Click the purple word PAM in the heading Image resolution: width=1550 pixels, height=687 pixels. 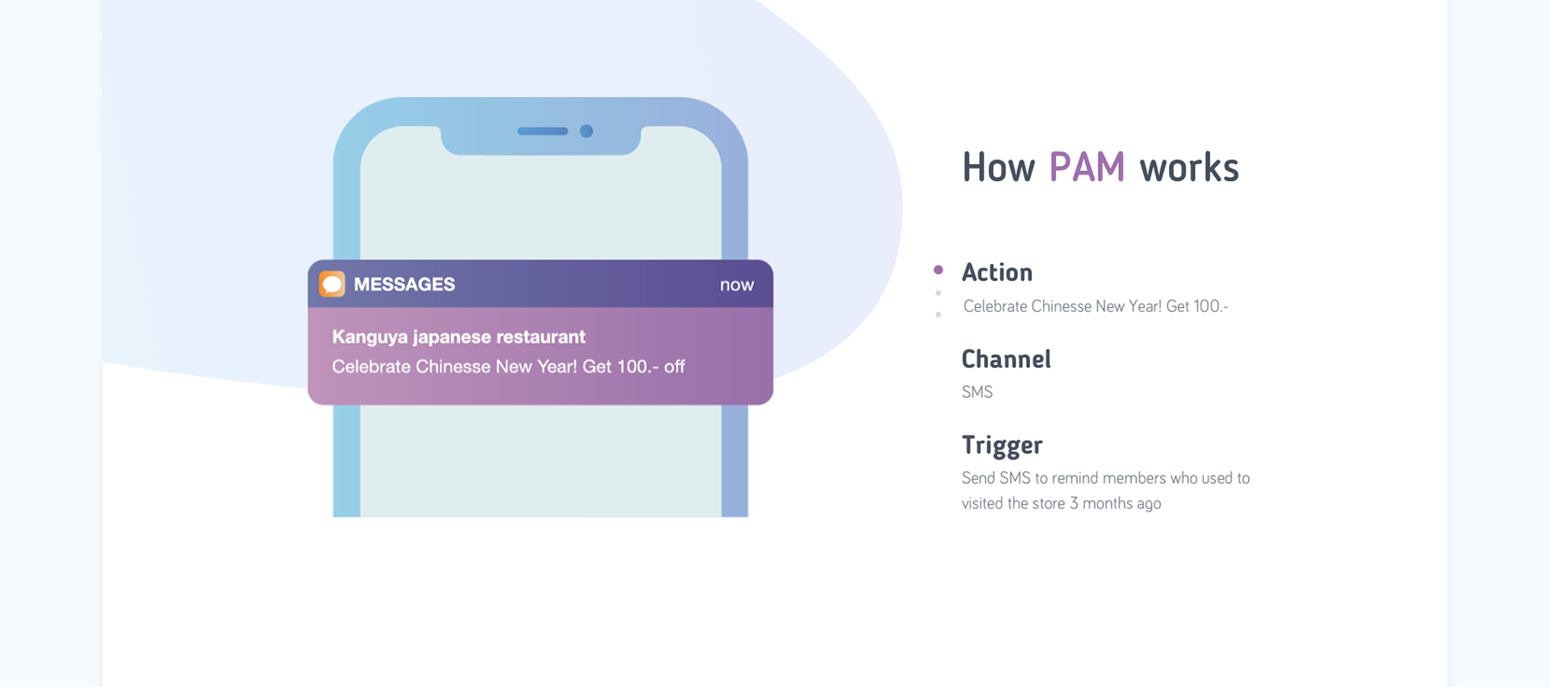pos(1087,168)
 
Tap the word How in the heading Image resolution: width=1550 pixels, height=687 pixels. pos(998,168)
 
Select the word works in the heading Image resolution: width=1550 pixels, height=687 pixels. pos(1188,168)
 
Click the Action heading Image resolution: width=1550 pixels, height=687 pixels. pos(997,273)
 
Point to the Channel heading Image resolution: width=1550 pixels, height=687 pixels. pos(1006,359)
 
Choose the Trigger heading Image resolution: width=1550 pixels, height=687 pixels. pos(1002,446)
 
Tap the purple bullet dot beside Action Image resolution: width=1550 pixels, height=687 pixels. pos(938,270)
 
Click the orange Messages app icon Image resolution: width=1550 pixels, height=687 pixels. pos(332,284)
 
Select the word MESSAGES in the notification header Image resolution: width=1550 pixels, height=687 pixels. pos(404,284)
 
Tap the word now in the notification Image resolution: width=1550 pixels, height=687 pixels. pos(736,285)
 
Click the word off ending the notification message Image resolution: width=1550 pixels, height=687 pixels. pos(674,367)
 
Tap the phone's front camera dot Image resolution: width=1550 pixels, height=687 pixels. pos(587,131)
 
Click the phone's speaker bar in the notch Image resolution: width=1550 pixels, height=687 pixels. pos(542,131)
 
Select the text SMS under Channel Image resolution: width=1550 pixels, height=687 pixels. pos(977,392)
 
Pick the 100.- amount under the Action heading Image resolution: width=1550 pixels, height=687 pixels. pos(1210,307)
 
